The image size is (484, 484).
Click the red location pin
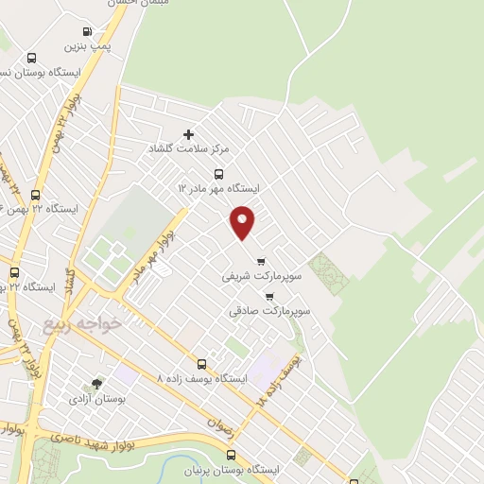point(243,221)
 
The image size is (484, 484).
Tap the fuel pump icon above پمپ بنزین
point(88,31)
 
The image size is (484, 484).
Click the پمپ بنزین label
point(87,45)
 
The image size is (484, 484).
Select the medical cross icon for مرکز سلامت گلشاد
point(188,135)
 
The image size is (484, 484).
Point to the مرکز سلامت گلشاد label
point(188,149)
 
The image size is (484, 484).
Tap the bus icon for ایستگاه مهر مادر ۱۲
point(219,174)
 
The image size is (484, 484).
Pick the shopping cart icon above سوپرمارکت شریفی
point(261,262)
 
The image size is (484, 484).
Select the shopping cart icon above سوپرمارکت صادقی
point(269,296)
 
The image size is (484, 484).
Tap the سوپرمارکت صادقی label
point(268,310)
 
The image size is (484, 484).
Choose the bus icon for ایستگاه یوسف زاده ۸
point(201,364)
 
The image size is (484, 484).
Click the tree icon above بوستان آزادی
point(95,385)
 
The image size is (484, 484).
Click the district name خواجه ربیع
point(82,324)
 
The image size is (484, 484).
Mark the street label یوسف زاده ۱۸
point(280,380)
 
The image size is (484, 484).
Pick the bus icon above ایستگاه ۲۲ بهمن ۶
point(35,195)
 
